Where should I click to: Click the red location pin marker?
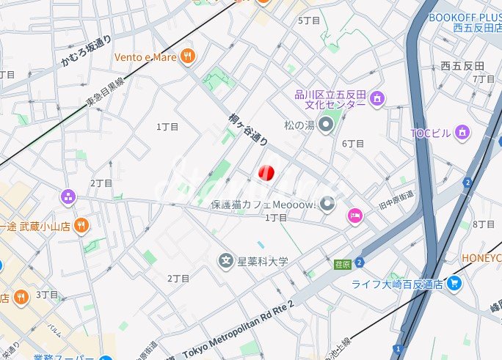click(266, 173)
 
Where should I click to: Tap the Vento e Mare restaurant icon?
click(189, 56)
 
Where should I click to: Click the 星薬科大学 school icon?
click(227, 260)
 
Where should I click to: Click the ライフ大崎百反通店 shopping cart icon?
click(454, 283)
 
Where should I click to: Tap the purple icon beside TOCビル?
click(462, 132)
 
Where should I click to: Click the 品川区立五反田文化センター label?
click(330, 99)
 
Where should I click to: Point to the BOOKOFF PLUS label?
click(465, 18)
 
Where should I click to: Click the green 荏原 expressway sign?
click(341, 264)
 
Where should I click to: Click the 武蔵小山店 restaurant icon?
click(82, 227)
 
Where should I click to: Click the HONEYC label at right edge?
click(481, 258)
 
